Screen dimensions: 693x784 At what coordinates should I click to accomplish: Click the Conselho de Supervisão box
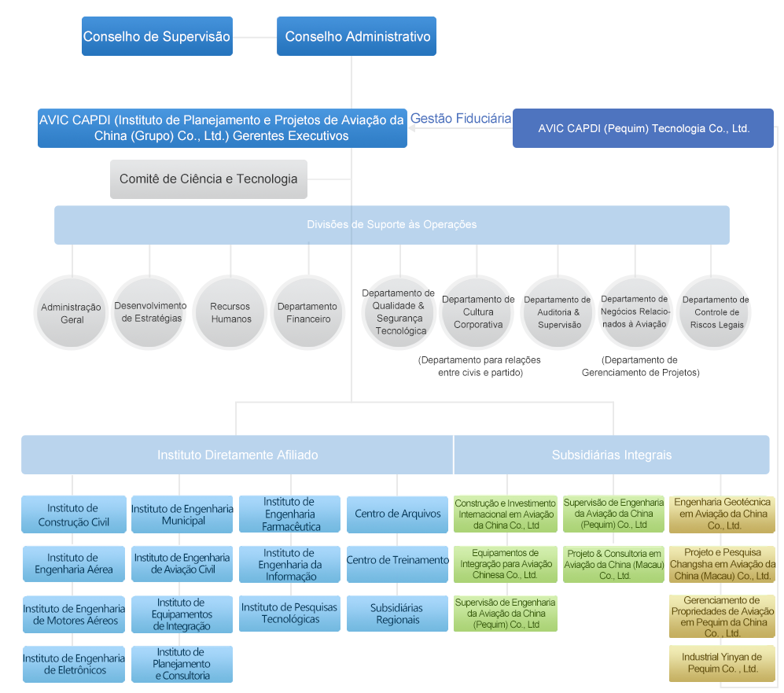[156, 36]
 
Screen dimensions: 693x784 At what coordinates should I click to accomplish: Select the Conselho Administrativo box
[357, 36]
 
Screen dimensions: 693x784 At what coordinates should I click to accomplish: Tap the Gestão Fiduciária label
[461, 119]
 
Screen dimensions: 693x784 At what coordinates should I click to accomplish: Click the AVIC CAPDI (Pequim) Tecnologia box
[643, 128]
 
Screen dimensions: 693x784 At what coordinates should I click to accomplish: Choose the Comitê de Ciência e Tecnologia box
[208, 179]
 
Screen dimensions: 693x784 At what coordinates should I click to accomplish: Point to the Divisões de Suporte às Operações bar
[392, 225]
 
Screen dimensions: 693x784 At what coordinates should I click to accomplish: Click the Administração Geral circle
[72, 313]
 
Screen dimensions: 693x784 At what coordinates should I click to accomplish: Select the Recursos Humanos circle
[230, 312]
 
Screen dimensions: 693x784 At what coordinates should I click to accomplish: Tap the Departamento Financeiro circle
[307, 312]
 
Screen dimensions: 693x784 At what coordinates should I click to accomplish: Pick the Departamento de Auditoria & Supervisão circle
[558, 312]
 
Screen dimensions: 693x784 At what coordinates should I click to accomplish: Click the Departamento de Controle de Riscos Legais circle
[715, 312]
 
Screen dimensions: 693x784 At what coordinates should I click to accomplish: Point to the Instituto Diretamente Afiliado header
[237, 455]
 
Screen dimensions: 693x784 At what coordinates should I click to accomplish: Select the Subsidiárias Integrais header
[611, 455]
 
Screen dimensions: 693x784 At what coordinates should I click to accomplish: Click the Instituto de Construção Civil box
[74, 515]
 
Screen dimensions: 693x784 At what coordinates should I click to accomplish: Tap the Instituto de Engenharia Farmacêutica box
[289, 514]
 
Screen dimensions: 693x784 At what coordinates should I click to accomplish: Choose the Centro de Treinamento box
[397, 561]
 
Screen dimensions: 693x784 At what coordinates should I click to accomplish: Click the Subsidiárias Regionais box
[397, 614]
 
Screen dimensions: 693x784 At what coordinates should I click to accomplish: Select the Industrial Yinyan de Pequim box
[722, 663]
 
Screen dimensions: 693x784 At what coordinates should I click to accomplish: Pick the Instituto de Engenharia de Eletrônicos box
[74, 664]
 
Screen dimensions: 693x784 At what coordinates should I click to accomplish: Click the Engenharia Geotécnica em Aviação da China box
[722, 514]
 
